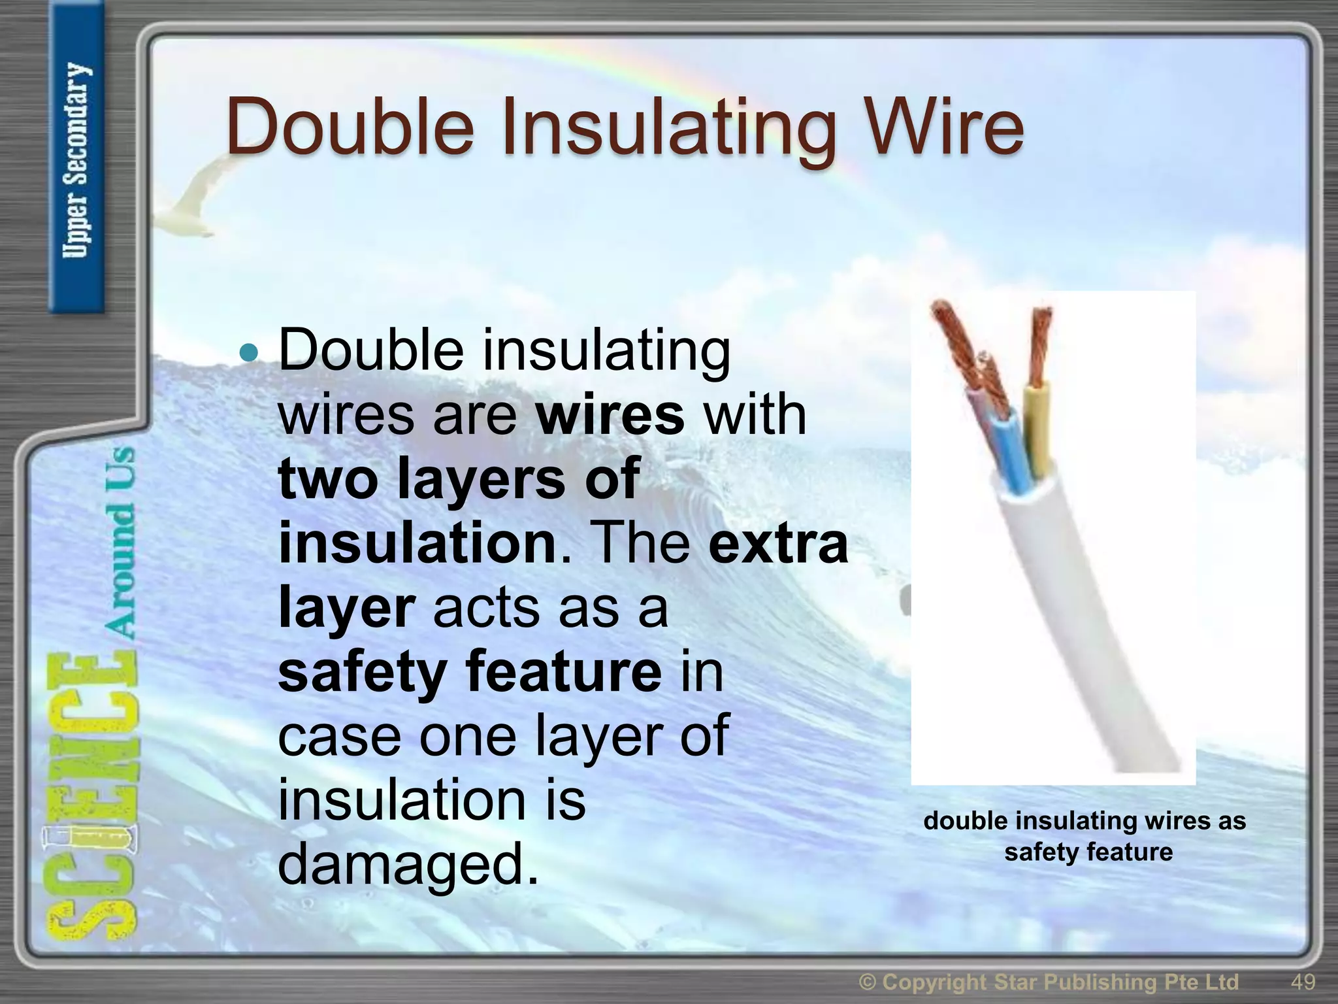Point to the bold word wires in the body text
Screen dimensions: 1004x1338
point(610,415)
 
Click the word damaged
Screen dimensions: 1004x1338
point(408,863)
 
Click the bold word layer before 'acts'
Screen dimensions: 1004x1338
point(346,609)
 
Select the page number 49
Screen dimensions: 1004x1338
point(1303,982)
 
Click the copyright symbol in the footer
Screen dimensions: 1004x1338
point(867,982)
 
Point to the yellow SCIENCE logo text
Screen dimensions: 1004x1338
point(91,797)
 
